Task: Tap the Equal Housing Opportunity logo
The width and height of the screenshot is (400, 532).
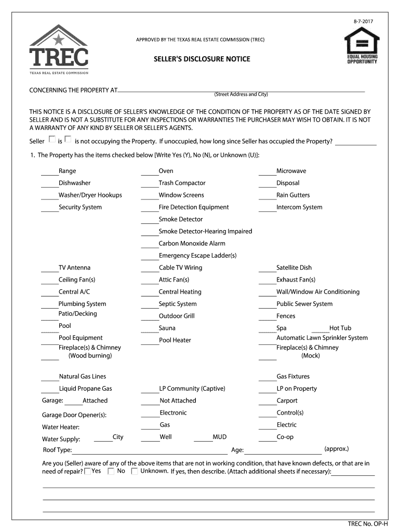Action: pyautogui.click(x=362, y=46)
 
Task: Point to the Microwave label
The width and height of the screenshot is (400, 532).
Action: pyautogui.click(x=291, y=171)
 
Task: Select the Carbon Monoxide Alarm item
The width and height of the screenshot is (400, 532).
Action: pyautogui.click(x=192, y=243)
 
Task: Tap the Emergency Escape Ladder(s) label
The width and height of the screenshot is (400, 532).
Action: pyautogui.click(x=197, y=256)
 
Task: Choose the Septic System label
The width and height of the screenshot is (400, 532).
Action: pyautogui.click(x=178, y=304)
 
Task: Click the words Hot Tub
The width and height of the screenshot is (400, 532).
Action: pyautogui.click(x=340, y=328)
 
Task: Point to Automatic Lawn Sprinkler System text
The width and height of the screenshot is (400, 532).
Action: pyautogui.click(x=322, y=338)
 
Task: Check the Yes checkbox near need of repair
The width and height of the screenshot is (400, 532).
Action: pyautogui.click(x=88, y=471)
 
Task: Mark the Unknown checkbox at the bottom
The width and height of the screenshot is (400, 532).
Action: pyautogui.click(x=135, y=471)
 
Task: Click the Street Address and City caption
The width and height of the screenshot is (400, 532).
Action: pyautogui.click(x=241, y=95)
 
